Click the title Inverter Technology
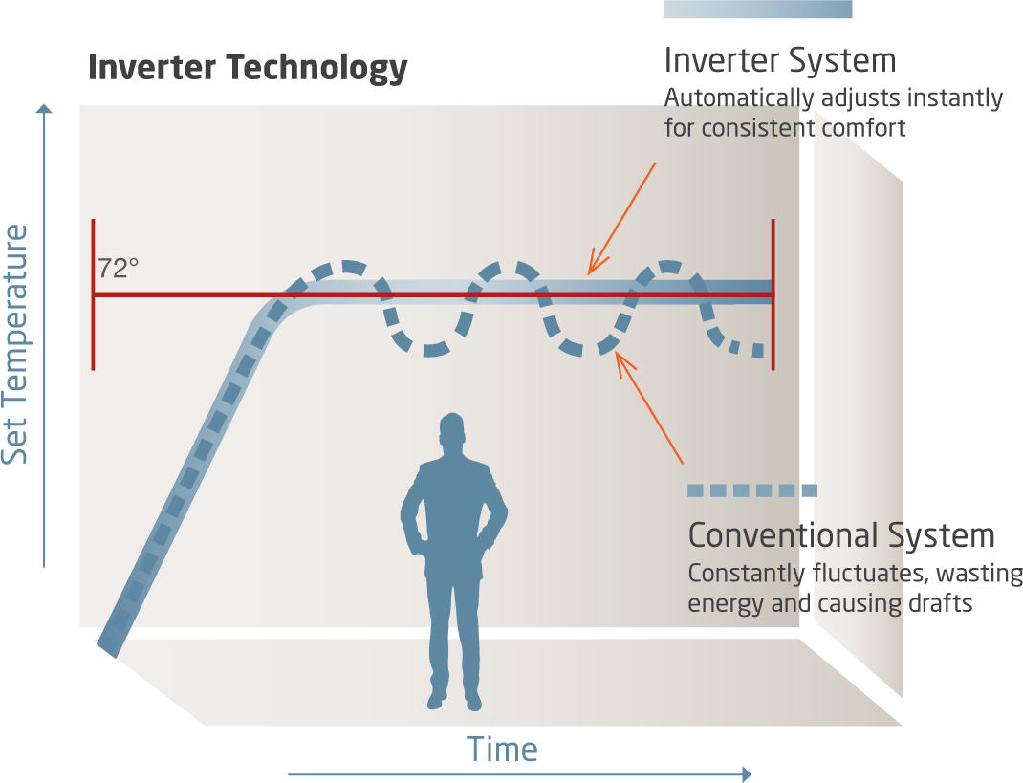point(248,69)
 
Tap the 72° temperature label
point(118,269)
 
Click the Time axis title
point(502,750)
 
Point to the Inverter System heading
point(780,61)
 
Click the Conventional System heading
point(841,534)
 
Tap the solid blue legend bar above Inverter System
point(757,9)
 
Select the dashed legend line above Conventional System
point(752,490)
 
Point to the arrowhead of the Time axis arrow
point(746,773)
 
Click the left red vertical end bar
point(93,294)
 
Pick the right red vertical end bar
point(773,294)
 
